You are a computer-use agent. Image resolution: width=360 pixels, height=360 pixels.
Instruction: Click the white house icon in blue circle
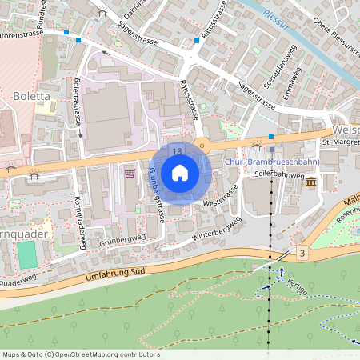click(180, 173)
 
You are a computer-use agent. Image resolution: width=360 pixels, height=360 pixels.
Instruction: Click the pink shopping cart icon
click(129, 172)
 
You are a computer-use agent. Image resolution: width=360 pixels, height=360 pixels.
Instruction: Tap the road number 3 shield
click(302, 254)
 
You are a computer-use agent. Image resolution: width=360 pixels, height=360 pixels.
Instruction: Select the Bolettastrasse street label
click(78, 106)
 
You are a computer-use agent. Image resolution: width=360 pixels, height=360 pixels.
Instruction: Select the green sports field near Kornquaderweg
click(27, 254)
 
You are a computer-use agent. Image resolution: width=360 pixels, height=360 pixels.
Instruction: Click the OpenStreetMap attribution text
click(80, 354)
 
